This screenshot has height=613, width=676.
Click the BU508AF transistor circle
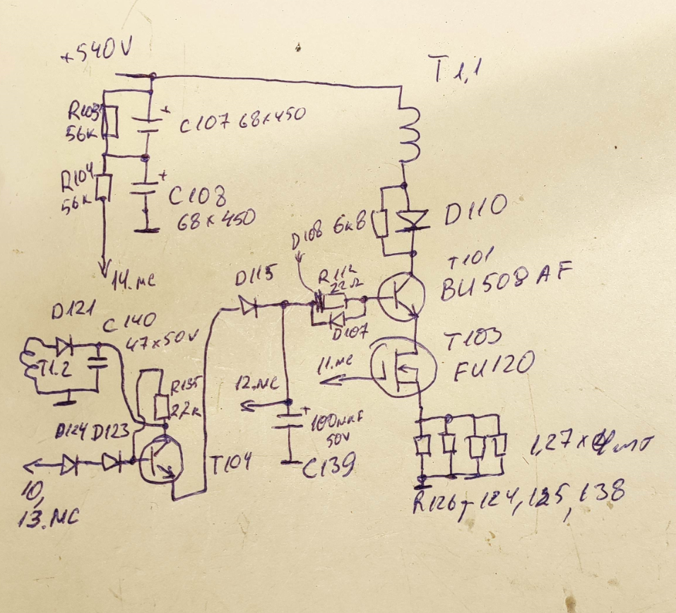pyautogui.click(x=399, y=295)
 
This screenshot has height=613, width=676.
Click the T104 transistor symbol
pyautogui.click(x=161, y=460)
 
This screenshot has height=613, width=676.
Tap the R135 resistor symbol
pyautogui.click(x=162, y=407)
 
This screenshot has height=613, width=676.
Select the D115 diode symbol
pyautogui.click(x=247, y=305)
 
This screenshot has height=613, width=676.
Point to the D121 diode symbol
pyautogui.click(x=66, y=346)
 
